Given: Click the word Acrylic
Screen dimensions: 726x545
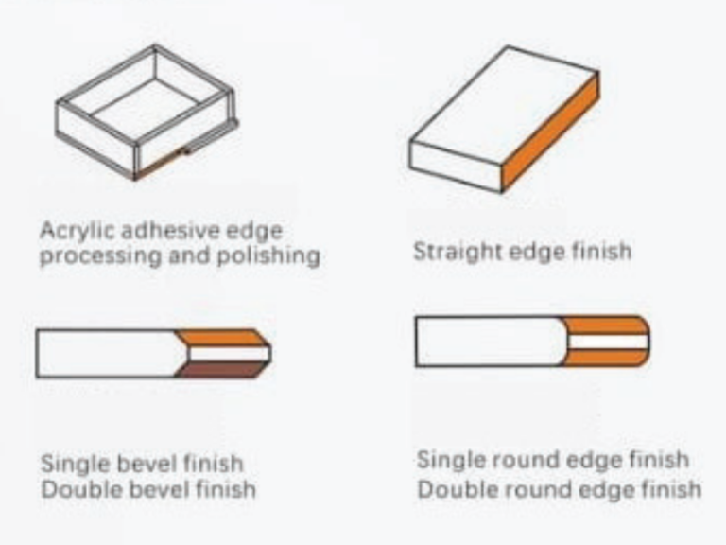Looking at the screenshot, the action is (77, 231).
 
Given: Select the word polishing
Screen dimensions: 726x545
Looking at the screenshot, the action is (268, 256).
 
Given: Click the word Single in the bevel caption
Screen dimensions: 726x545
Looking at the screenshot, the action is (75, 465).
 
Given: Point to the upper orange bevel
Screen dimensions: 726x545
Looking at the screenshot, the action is (222, 339).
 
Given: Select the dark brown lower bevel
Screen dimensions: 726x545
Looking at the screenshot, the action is (221, 370).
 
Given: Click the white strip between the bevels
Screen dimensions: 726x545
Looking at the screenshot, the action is (228, 354).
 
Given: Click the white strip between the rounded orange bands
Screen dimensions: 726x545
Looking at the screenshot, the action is (608, 342).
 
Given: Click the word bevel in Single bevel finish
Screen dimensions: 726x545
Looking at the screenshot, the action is (147, 465).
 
